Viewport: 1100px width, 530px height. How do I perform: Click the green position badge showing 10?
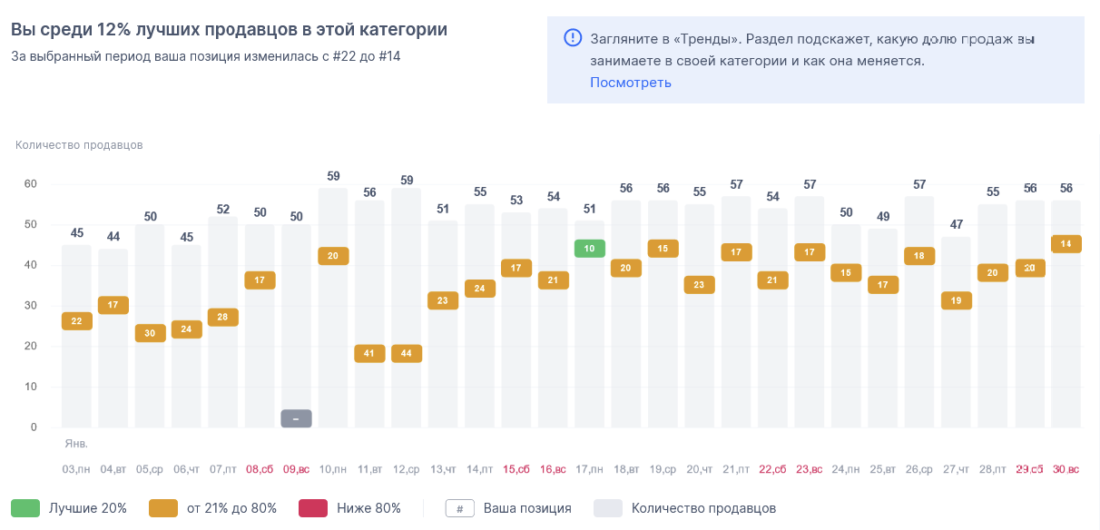tap(590, 248)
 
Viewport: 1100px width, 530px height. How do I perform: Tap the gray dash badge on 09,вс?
tap(296, 418)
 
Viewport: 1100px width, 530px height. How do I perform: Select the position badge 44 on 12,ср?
tap(407, 354)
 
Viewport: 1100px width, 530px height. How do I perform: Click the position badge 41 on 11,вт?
tap(369, 354)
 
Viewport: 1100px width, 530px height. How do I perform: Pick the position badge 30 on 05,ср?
tap(150, 333)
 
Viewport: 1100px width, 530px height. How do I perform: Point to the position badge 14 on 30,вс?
tap(1066, 243)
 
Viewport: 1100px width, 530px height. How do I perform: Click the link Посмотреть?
tap(631, 83)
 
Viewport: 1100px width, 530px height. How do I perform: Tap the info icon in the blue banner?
tap(573, 38)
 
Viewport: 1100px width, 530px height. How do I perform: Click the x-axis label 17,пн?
tap(590, 469)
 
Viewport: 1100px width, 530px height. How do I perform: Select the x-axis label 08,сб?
tap(260, 469)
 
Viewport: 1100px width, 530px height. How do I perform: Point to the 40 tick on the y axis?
tap(30, 265)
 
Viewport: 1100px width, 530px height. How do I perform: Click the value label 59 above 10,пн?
tap(333, 176)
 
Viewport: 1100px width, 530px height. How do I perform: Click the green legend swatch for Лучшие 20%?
tap(25, 508)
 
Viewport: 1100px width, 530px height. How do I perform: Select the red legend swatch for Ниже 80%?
tap(313, 508)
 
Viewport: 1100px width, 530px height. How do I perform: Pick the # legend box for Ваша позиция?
tap(460, 508)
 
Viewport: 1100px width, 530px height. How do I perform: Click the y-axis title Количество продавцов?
tap(79, 145)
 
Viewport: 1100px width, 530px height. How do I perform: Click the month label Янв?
tap(75, 444)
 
